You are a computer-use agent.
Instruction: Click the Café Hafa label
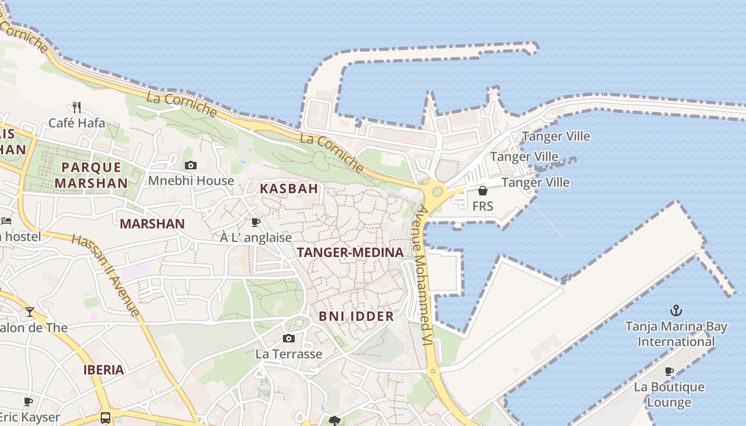(x=77, y=123)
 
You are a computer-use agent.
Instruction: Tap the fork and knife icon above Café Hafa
(x=77, y=108)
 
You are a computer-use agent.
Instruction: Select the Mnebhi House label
(x=191, y=181)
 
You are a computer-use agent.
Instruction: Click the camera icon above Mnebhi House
(x=190, y=166)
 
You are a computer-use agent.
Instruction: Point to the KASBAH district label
(x=289, y=189)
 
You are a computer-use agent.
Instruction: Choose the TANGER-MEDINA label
(x=350, y=252)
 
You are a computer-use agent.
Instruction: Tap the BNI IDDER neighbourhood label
(x=356, y=316)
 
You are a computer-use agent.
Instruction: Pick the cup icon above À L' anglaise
(x=256, y=222)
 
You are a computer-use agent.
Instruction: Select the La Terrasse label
(x=289, y=354)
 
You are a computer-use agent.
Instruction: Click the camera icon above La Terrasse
(x=288, y=338)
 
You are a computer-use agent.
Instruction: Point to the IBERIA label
(x=103, y=370)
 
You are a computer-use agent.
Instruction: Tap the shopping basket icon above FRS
(x=483, y=191)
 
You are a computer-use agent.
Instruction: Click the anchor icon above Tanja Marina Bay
(x=676, y=310)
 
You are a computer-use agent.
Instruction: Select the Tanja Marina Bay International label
(x=676, y=334)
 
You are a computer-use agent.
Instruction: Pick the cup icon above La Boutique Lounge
(x=669, y=371)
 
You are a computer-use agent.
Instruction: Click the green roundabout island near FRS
(x=437, y=191)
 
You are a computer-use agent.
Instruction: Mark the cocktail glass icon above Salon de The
(x=30, y=312)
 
